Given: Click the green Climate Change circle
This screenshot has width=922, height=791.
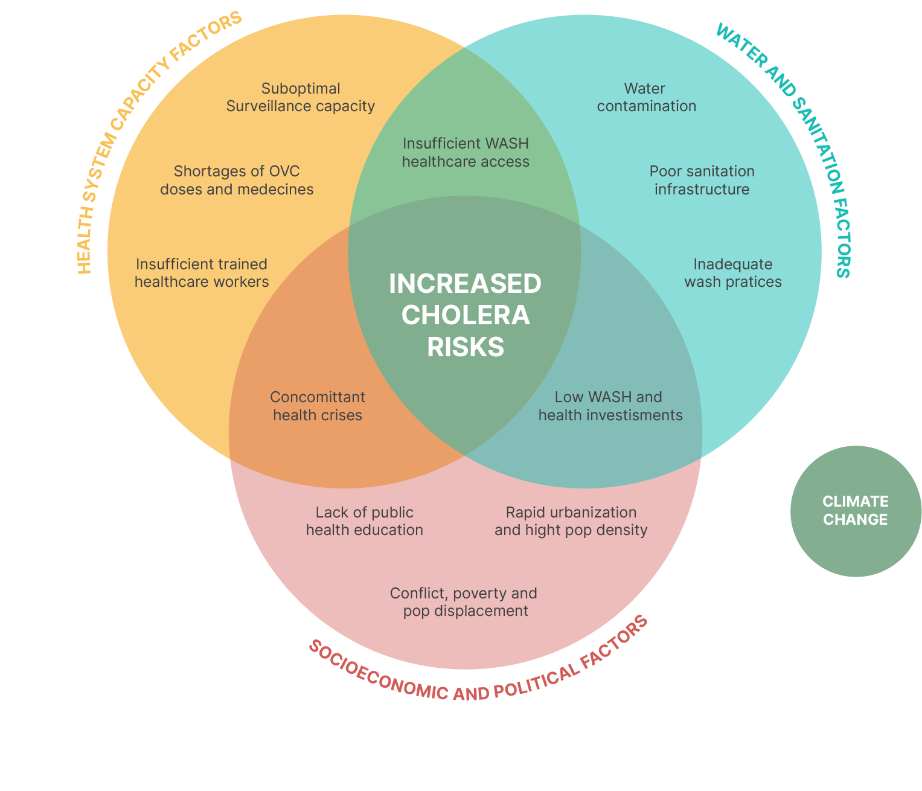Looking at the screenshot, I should [856, 511].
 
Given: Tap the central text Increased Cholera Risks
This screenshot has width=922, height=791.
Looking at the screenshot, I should [465, 315].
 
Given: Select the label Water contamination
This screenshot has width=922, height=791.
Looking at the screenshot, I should [646, 97].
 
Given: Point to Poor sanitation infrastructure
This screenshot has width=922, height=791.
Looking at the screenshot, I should [702, 180].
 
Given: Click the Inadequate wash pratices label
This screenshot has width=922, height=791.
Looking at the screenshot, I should [733, 273].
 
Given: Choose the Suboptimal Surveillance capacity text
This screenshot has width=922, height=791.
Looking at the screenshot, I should [301, 97].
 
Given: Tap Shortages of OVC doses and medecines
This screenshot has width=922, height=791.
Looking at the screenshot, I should [237, 180].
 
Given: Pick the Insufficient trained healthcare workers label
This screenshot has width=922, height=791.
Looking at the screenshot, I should [202, 273].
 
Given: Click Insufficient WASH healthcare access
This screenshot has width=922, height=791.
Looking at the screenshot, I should [466, 152].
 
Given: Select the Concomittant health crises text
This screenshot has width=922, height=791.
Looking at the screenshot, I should [318, 406].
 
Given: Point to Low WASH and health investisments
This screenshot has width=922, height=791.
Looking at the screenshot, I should [610, 406].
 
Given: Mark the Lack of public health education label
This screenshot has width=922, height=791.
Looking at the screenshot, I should [364, 521].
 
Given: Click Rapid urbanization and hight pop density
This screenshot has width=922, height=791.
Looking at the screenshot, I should [571, 521].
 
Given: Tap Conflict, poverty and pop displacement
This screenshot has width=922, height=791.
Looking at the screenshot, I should [464, 601].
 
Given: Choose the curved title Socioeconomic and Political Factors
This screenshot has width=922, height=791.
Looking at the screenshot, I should [477, 670].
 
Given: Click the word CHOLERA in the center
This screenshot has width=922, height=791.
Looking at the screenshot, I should [466, 315].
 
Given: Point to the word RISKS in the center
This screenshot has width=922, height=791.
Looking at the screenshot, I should [466, 347].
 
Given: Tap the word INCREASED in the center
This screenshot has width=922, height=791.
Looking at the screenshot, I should [465, 284].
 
